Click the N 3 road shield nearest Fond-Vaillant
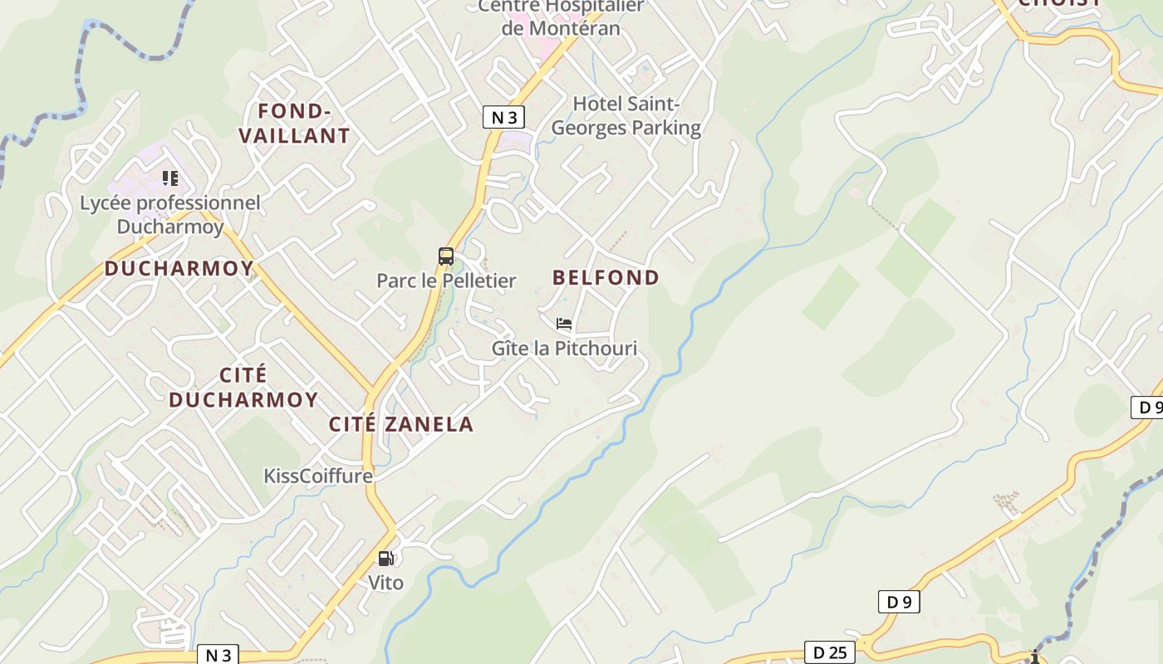click(503, 117)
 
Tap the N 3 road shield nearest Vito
click(218, 655)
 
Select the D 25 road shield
click(829, 652)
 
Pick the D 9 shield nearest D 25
click(899, 602)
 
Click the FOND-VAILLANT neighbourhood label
click(295, 123)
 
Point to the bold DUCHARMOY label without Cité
click(179, 268)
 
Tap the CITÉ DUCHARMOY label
click(243, 387)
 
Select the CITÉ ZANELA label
click(401, 424)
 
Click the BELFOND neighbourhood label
click(606, 277)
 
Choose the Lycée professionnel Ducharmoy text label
click(170, 214)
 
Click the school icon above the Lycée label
click(170, 178)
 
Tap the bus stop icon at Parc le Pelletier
click(446, 256)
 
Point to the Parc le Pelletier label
click(446, 281)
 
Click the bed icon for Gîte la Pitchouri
click(564, 324)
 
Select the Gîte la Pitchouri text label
click(564, 348)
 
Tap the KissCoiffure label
click(318, 476)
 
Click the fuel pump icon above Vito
click(385, 559)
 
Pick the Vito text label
click(385, 583)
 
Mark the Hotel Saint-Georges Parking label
click(626, 116)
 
